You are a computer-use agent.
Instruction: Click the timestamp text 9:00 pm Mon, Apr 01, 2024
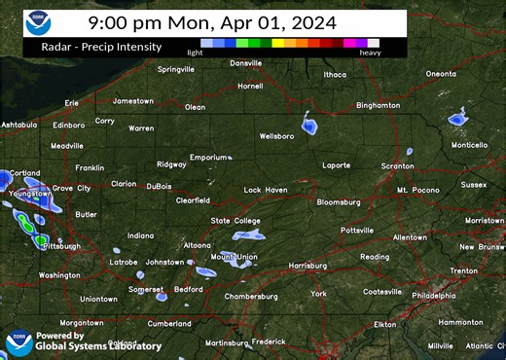(x=211, y=21)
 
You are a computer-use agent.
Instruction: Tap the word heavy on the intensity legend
(x=370, y=53)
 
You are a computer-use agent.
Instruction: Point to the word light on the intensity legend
(x=195, y=53)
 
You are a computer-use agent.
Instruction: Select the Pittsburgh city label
(x=61, y=246)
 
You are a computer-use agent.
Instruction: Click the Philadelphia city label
(x=439, y=295)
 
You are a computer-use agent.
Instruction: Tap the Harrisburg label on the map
(x=307, y=265)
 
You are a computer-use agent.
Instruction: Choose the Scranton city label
(x=396, y=166)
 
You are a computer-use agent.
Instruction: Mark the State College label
(x=235, y=221)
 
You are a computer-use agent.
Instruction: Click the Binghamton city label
(x=379, y=105)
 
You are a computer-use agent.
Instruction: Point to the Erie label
(x=71, y=102)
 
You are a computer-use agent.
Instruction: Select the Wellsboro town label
(x=276, y=136)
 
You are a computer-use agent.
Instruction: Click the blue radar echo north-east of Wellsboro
(x=310, y=126)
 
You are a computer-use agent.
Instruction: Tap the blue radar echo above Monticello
(x=457, y=120)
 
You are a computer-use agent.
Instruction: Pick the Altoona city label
(x=198, y=244)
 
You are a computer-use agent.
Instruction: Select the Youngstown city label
(x=29, y=193)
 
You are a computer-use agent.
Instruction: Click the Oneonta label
(x=441, y=74)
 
